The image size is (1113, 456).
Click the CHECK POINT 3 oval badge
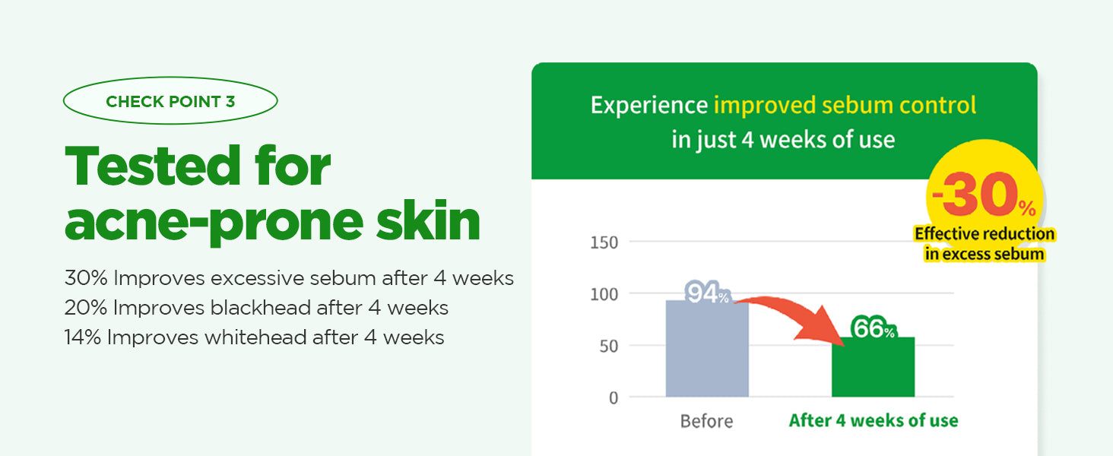pyautogui.click(x=170, y=101)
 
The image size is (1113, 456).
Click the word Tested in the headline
pyautogui.click(x=153, y=166)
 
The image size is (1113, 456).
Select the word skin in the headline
pyautogui.click(x=428, y=219)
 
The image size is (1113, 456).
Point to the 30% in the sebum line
pyautogui.click(x=86, y=278)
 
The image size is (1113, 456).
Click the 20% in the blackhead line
pyautogui.click(x=85, y=308)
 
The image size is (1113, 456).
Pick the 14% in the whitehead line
pyautogui.click(x=82, y=337)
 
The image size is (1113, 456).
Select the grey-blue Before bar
pyautogui.click(x=707, y=349)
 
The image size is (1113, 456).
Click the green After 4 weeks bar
pyautogui.click(x=873, y=367)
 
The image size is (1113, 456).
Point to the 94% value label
pyautogui.click(x=707, y=293)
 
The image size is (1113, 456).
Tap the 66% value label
pyautogui.click(x=873, y=328)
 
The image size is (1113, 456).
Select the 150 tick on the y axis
pyautogui.click(x=604, y=242)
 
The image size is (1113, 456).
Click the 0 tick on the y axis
pyautogui.click(x=614, y=398)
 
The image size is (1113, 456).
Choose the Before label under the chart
pyautogui.click(x=706, y=421)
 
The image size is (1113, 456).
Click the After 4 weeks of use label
pyautogui.click(x=874, y=420)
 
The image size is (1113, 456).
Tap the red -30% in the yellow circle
pyautogui.click(x=984, y=195)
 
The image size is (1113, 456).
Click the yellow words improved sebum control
pyautogui.click(x=845, y=106)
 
